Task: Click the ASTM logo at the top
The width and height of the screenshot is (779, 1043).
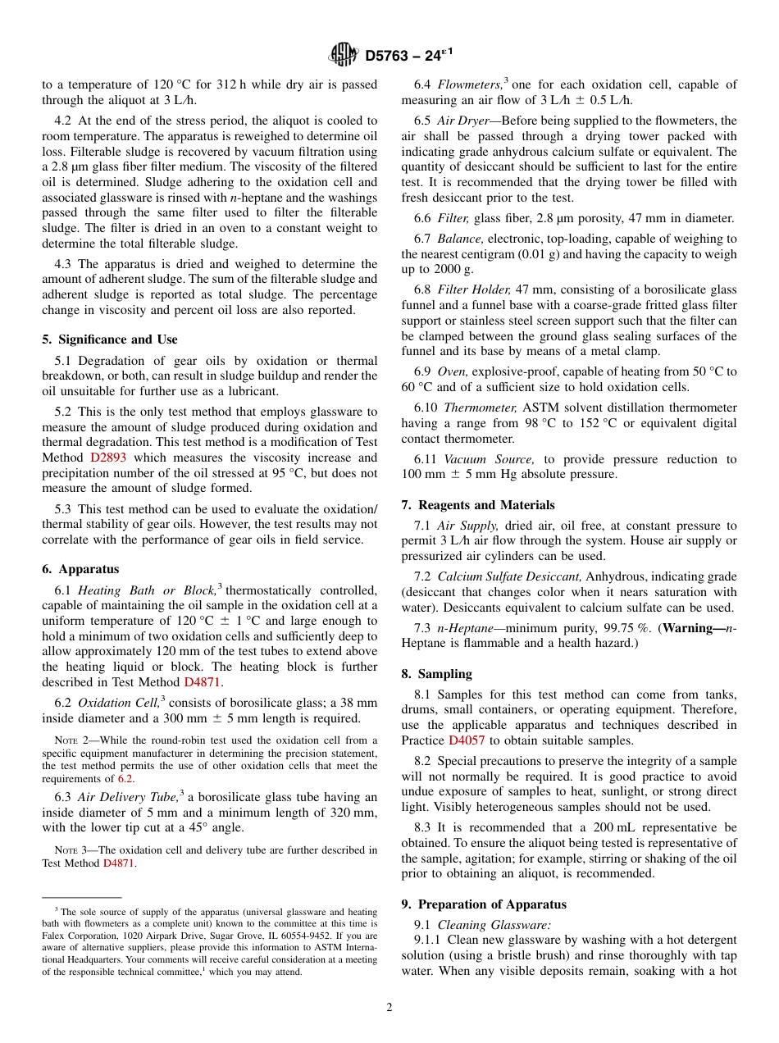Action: [x=343, y=55]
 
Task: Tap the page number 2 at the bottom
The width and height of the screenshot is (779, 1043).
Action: [x=389, y=1008]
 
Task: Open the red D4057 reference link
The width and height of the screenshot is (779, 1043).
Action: [x=466, y=740]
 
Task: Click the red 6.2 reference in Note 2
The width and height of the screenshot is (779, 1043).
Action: [x=125, y=779]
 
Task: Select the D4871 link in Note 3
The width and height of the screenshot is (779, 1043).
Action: [x=118, y=863]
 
